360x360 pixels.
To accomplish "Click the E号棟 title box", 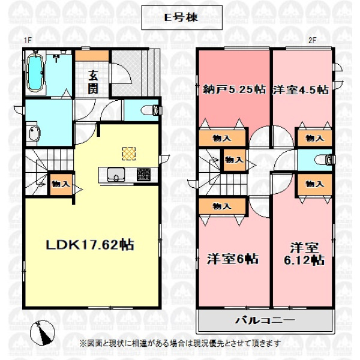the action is click(x=182, y=17).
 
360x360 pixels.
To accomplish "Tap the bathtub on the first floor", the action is click(x=36, y=72).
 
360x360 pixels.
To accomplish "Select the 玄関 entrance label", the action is click(x=93, y=83).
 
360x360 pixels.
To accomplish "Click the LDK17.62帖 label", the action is click(x=90, y=245).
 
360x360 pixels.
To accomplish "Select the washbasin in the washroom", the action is click(x=34, y=134).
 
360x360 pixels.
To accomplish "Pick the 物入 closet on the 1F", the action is click(x=61, y=184).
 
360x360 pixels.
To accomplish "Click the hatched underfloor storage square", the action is click(x=129, y=154).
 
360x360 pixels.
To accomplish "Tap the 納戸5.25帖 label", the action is click(x=234, y=89).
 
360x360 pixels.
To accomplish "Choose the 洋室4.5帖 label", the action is click(x=301, y=90).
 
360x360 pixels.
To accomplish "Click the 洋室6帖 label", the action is click(x=233, y=259).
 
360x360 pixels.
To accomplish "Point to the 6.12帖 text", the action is click(x=304, y=260).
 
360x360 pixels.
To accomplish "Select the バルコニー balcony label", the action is click(x=265, y=320).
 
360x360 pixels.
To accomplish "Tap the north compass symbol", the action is click(x=43, y=332).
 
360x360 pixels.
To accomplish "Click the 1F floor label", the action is click(x=28, y=41).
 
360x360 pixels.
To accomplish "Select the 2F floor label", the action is click(x=312, y=41).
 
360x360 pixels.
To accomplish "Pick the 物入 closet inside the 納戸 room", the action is click(x=222, y=138).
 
